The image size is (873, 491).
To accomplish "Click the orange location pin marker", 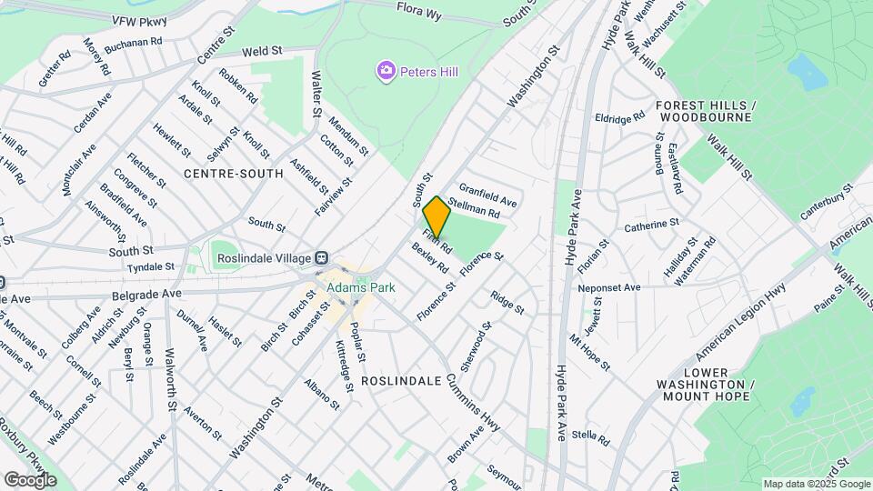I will pyautogui.click(x=437, y=217).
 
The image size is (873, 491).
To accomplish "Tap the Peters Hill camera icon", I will pyautogui.click(x=386, y=70).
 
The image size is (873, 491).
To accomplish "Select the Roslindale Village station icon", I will pyautogui.click(x=322, y=258).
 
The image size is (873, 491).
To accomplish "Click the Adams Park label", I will pyautogui.click(x=361, y=288).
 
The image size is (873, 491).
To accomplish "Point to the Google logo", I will pyautogui.click(x=30, y=480).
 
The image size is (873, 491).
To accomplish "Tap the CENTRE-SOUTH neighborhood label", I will pyautogui.click(x=234, y=173).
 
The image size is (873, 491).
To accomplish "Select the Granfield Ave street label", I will pyautogui.click(x=487, y=192).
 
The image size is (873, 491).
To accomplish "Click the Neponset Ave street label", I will pyautogui.click(x=609, y=287).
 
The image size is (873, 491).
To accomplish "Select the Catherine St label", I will pyautogui.click(x=651, y=223).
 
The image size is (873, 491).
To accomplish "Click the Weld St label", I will pyautogui.click(x=239, y=51).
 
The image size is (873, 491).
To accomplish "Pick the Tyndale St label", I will pyautogui.click(x=150, y=266).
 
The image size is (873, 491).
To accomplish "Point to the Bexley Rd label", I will pyautogui.click(x=430, y=258).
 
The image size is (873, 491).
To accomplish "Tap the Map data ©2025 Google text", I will pyautogui.click(x=817, y=484).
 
